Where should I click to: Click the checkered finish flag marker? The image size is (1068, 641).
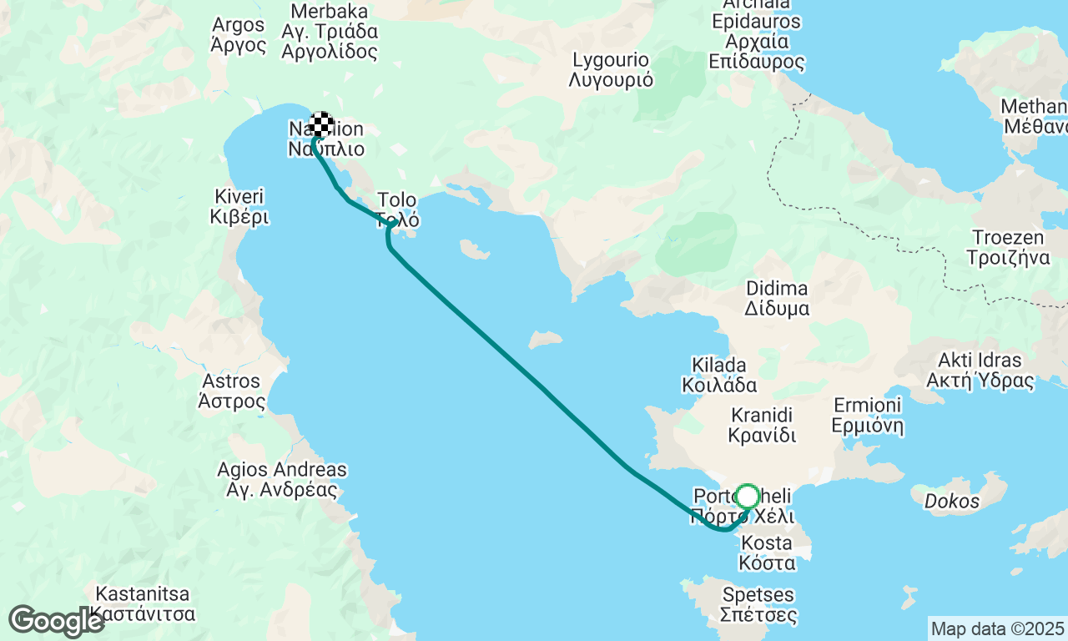[321, 124]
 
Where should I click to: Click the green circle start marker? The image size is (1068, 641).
[747, 497]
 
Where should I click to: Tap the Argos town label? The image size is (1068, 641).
[238, 35]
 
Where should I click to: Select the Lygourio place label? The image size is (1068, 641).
[611, 70]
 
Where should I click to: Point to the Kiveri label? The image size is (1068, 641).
[239, 207]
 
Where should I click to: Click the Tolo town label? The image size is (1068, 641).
[397, 210]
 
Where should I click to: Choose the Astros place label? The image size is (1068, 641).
[231, 391]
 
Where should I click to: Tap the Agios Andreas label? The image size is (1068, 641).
[282, 480]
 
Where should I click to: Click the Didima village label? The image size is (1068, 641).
[777, 298]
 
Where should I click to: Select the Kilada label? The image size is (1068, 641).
[719, 375]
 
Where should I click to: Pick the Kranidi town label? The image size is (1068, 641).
[762, 425]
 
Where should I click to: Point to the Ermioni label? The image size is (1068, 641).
[868, 416]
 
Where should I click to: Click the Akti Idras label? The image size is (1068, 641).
[980, 371]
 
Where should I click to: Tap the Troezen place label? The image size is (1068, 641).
[1008, 247]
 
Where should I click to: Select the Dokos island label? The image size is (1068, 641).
[951, 502]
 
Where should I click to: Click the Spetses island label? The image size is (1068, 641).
[759, 606]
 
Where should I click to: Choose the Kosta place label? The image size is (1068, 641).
[766, 553]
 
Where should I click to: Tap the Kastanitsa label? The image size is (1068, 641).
[144, 605]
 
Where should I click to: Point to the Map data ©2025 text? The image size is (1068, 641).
[997, 628]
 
